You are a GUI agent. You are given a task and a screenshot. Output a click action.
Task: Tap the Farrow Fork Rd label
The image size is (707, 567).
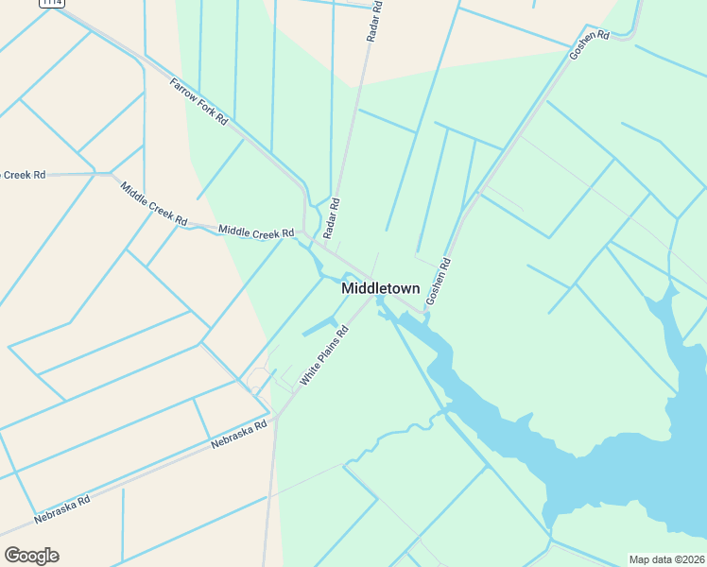[x=198, y=102]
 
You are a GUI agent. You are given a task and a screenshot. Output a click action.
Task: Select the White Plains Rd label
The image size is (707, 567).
[x=325, y=355]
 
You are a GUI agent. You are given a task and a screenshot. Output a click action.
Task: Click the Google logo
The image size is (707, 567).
[x=31, y=556]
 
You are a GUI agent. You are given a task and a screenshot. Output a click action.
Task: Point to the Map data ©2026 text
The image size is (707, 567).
[x=666, y=559]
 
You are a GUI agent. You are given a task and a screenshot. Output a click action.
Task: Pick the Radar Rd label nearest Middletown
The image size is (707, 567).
[x=330, y=218]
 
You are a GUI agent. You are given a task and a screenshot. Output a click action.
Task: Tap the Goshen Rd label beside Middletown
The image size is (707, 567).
[x=440, y=281]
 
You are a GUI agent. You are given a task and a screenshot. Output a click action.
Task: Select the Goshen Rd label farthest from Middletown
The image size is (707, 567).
[x=589, y=44]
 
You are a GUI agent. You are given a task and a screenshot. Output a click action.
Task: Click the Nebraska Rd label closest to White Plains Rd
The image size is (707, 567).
[x=239, y=434]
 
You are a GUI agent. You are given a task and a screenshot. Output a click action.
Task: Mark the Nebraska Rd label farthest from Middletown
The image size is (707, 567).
[x=61, y=509]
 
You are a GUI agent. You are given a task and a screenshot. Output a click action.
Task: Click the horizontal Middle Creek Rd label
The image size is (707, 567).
[x=255, y=232]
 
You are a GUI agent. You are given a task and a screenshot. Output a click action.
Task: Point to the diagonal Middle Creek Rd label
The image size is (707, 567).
[x=153, y=202]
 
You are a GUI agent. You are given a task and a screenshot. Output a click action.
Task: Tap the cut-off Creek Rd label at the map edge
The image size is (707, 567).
[x=23, y=175]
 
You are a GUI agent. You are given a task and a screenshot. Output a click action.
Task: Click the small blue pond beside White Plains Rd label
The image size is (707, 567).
[x=319, y=327]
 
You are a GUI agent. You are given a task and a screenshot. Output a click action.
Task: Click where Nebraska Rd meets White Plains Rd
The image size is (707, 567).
[x=275, y=416]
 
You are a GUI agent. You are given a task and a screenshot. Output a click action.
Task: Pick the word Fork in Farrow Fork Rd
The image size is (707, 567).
[x=201, y=104]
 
